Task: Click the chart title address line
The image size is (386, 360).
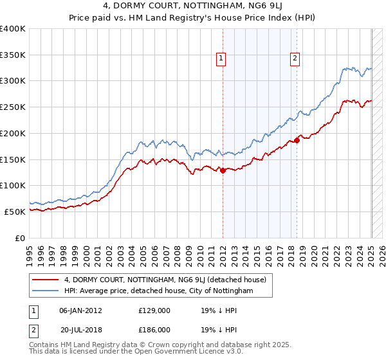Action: tap(192, 8)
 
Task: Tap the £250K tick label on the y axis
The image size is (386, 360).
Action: tap(13, 107)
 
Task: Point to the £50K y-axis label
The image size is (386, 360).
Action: tap(15, 212)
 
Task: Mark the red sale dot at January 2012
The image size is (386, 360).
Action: tap(223, 170)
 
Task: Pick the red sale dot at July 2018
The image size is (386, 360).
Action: tap(297, 140)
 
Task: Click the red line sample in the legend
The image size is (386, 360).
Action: tap(46, 280)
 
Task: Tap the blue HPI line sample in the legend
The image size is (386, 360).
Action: tap(46, 291)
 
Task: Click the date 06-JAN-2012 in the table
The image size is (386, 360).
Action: tap(80, 310)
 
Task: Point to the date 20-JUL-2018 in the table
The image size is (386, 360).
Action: tap(80, 329)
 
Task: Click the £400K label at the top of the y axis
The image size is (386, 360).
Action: tap(13, 29)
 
